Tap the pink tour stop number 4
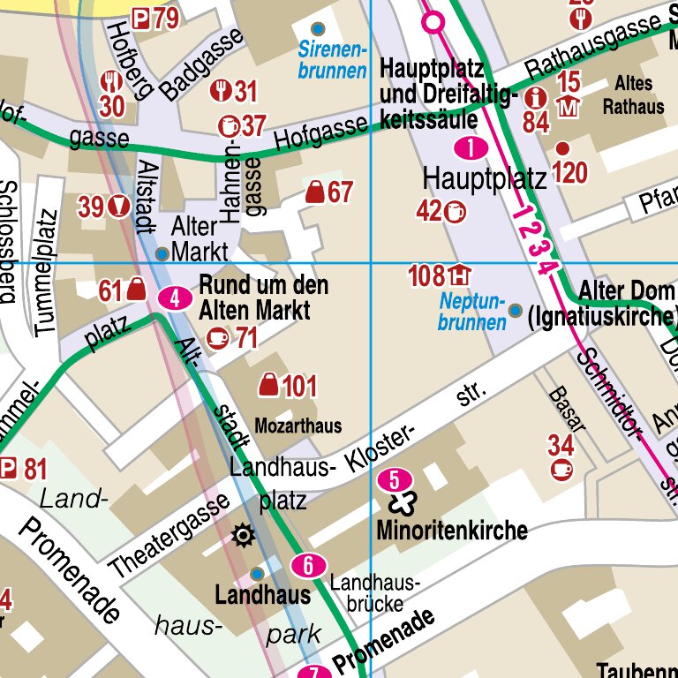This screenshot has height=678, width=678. pos(176,298)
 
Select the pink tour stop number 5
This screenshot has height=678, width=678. pos(394,479)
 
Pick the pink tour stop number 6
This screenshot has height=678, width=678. pos(308,565)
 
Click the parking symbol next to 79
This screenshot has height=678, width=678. pos(140,17)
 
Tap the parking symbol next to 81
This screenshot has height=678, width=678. pos(8,469)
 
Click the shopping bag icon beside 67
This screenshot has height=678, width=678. pos(314,192)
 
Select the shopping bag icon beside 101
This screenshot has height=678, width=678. pos(267,385)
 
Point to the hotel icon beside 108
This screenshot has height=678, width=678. pos(458,275)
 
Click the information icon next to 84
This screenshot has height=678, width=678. pos(535,96)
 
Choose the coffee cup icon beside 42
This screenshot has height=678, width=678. pos(456,211)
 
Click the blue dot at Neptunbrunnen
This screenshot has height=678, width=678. pos(516,310)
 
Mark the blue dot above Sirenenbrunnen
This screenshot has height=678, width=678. pos(318,28)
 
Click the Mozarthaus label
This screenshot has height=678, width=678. pos(298,426)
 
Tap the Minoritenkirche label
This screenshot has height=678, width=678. pos(451,531)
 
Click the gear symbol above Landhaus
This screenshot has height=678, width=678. pos(242,534)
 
